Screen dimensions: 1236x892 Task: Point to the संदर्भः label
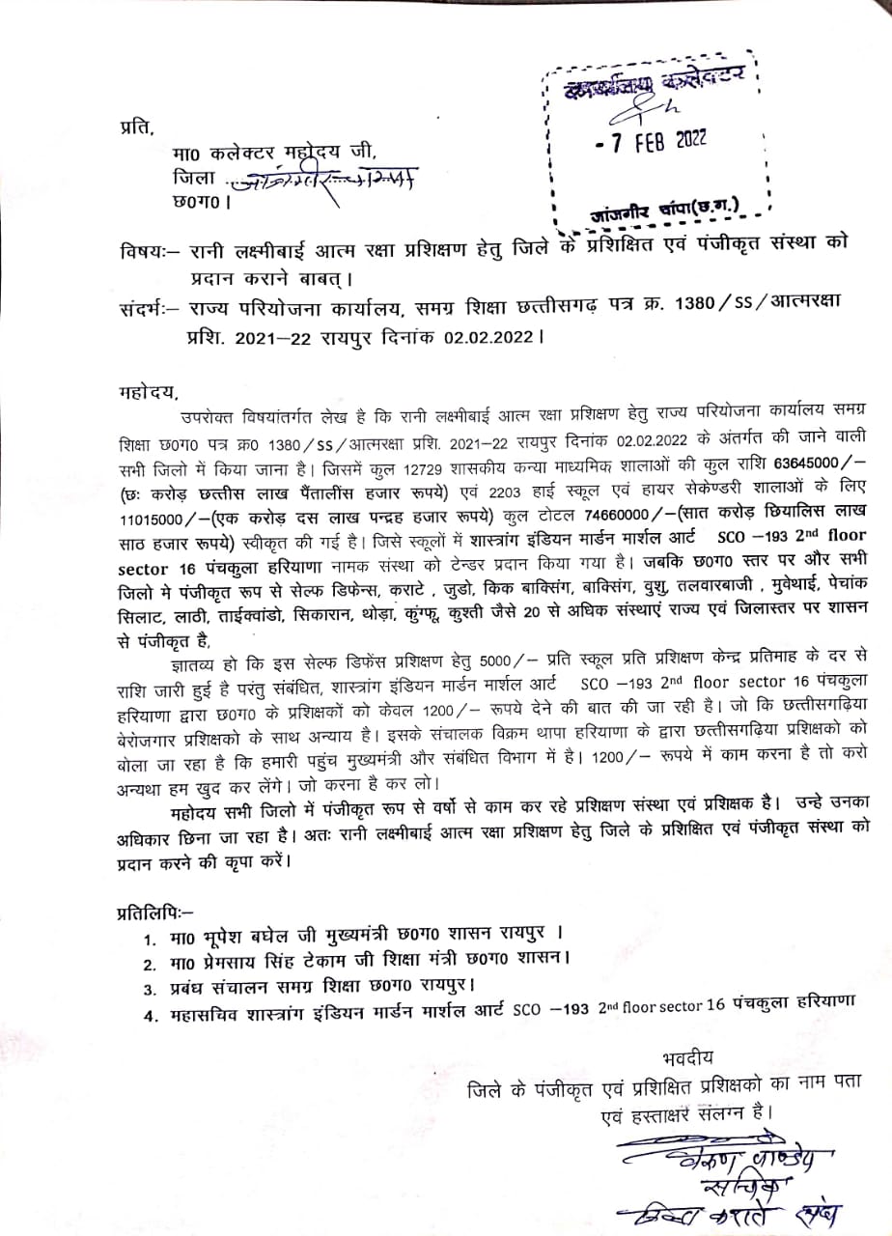pos(144,302)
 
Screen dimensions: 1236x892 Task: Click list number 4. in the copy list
pos(150,1014)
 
